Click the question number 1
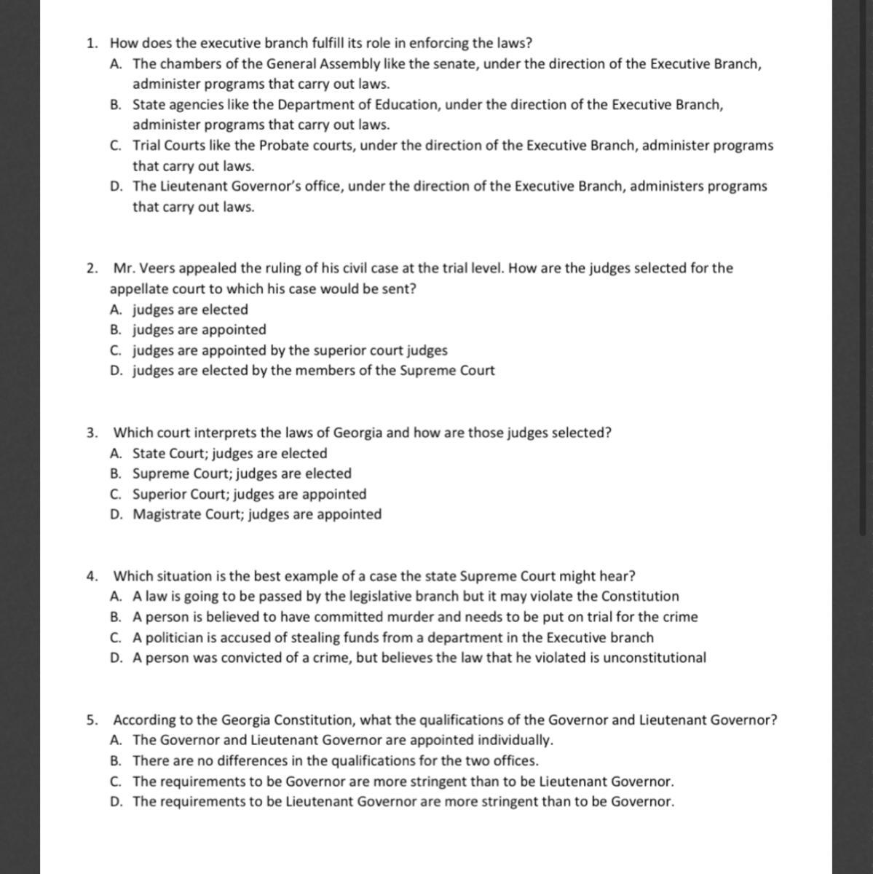90,44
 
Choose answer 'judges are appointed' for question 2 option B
199,330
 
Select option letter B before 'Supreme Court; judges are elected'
116,473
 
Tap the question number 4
91,576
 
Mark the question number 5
91,720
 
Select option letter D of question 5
116,802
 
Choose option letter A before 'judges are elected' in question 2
116,310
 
